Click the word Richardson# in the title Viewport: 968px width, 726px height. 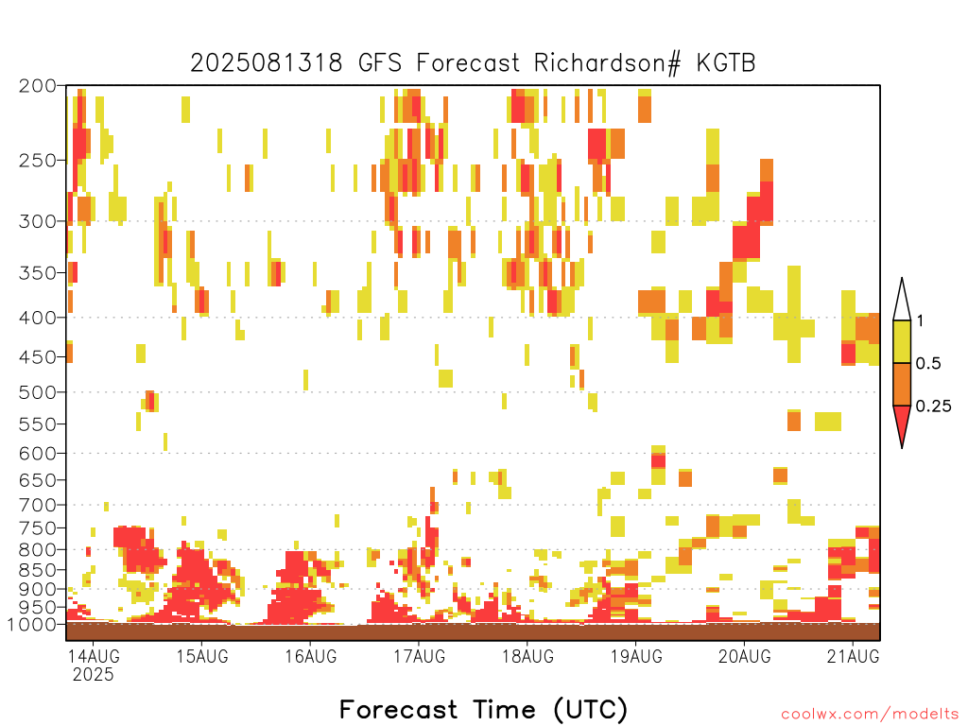click(607, 63)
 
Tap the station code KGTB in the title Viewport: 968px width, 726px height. click(726, 63)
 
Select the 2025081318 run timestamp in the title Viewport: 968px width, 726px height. click(266, 63)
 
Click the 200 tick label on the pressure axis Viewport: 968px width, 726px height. click(37, 86)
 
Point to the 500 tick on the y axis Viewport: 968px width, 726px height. click(37, 392)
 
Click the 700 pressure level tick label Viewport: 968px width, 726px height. click(37, 505)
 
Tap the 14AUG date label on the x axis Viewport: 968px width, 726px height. click(95, 656)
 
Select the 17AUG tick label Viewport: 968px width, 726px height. click(420, 656)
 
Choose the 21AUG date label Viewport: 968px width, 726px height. click(854, 656)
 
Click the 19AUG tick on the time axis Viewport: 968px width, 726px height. click(636, 656)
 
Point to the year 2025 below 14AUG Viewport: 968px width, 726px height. click(94, 675)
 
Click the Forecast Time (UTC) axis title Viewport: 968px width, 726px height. click(483, 710)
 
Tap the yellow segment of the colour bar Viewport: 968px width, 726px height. click(902, 341)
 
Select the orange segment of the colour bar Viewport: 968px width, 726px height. click(902, 384)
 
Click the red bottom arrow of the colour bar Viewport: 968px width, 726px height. click(902, 423)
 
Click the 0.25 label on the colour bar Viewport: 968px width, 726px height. click(933, 406)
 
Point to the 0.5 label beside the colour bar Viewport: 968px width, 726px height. click(928, 364)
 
